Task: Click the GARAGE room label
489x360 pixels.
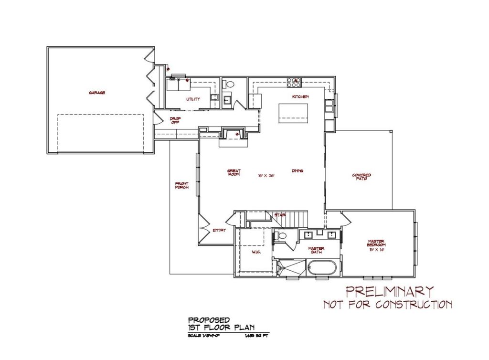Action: [x=97, y=93]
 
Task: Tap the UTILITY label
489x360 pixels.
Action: [x=193, y=99]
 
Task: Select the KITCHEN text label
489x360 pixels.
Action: [x=301, y=97]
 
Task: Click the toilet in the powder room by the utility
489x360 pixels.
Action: [x=229, y=84]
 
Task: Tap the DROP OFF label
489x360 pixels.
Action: [x=175, y=121]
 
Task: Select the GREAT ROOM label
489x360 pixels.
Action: [x=234, y=173]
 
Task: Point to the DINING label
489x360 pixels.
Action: [x=298, y=171]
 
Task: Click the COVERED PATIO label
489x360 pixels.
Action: [x=361, y=177]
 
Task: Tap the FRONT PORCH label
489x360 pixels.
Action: [x=182, y=185]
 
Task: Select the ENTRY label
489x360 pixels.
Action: [x=219, y=230]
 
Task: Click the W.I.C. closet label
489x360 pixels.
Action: [x=255, y=252]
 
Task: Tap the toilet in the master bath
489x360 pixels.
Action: [x=282, y=235]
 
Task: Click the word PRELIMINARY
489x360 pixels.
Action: [x=390, y=291]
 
